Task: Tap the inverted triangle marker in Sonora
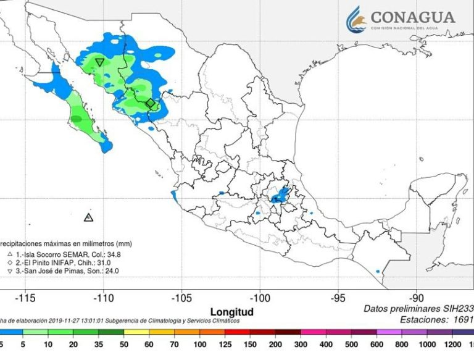coord(99,62)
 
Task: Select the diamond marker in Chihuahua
coord(150,103)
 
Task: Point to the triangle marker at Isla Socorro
coord(88,217)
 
